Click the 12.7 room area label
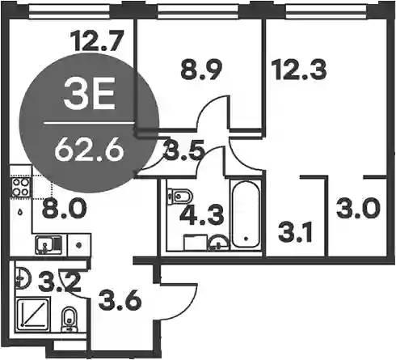tap(97, 41)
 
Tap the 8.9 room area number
tap(201, 70)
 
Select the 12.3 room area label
tap(299, 70)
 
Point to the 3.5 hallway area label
tap(183, 153)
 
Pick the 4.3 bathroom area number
tap(202, 214)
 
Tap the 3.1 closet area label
tap(296, 231)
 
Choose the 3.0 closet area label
tap(358, 208)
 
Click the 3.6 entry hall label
tap(120, 299)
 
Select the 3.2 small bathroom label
tap(60, 282)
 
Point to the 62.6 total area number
tap(89, 151)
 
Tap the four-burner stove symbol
tap(20, 187)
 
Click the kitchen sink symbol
tap(48, 244)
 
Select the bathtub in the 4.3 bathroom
tap(246, 214)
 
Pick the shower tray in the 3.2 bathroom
tap(33, 312)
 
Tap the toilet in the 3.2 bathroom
tap(70, 320)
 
